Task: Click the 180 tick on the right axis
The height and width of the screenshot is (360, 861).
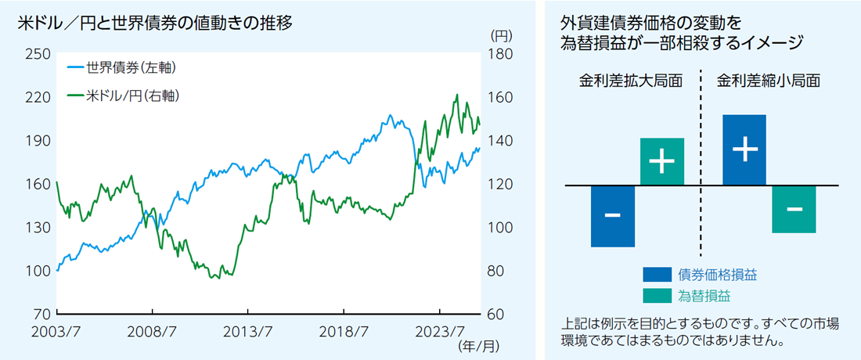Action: [499, 54]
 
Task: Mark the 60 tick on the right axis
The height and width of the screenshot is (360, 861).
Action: [495, 315]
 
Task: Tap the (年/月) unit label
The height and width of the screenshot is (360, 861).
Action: [477, 345]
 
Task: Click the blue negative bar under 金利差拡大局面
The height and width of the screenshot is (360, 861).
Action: [613, 216]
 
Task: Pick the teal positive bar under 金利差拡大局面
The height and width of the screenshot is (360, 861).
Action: [662, 162]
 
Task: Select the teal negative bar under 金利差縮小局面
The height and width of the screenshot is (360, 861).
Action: [794, 209]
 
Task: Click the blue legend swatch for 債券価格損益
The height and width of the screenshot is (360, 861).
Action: [657, 275]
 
